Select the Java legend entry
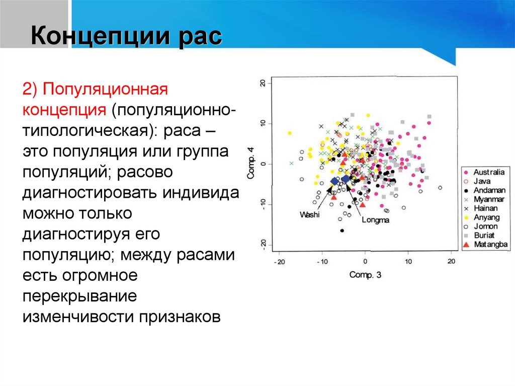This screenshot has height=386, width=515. pos(477,181)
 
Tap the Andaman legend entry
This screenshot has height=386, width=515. pos(485,190)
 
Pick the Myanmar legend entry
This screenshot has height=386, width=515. pos(484,199)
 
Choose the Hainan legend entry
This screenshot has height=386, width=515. pos(481,208)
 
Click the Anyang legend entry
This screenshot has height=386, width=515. pos(482,217)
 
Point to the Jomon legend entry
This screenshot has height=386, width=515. pos(481,226)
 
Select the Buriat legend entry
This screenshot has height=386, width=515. pos(479,235)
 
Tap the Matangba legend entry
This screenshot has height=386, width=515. pos(485,244)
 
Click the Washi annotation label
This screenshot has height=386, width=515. pos(309,215)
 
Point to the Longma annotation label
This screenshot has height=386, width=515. pos(375,219)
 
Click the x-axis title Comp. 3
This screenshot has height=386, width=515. pos(365,275)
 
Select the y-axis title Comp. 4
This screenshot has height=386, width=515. pos(251,164)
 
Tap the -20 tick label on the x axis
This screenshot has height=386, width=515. pos(280,262)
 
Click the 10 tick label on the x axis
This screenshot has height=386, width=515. pos(408,261)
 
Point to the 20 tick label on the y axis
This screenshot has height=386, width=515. pos(263,83)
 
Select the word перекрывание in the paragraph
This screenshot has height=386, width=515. pos(80,296)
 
